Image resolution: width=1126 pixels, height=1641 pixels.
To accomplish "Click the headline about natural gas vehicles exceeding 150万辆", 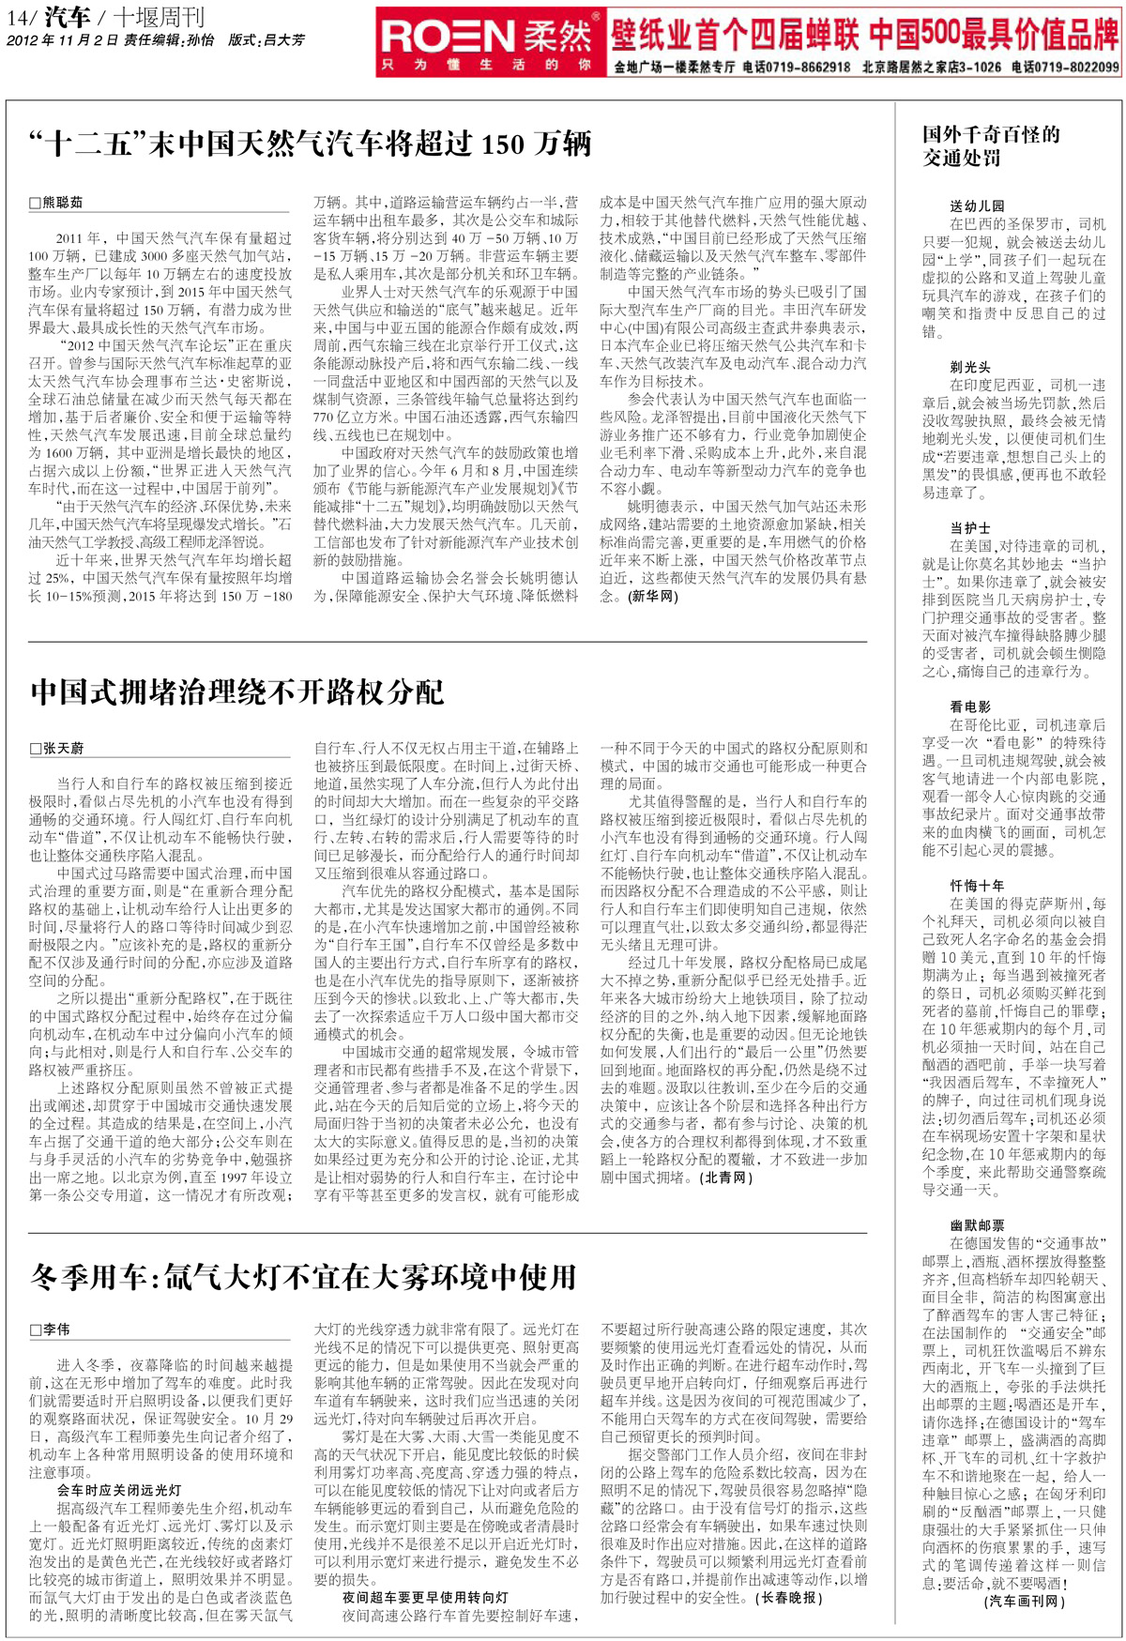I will (311, 144).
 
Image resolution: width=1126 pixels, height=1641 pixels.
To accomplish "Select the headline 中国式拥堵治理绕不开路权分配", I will (236, 691).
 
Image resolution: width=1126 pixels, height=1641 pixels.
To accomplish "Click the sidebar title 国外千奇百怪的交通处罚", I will (990, 145).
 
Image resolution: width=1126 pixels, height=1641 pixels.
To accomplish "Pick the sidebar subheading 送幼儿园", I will (977, 205).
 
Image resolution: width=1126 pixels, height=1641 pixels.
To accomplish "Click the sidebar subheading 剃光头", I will (969, 367).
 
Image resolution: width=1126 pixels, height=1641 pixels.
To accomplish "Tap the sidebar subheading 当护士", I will (969, 528).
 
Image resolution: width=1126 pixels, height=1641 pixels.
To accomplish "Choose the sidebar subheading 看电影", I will (969, 707).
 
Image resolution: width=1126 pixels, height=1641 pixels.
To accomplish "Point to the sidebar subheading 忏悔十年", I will (977, 885).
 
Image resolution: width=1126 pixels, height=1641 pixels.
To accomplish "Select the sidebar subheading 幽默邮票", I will (977, 1224).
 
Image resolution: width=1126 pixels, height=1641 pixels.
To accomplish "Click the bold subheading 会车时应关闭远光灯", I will (119, 1490).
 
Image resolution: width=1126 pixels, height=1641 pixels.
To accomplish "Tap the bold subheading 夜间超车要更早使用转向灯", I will (425, 1597).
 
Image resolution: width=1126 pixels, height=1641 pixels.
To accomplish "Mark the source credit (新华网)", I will (653, 596).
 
